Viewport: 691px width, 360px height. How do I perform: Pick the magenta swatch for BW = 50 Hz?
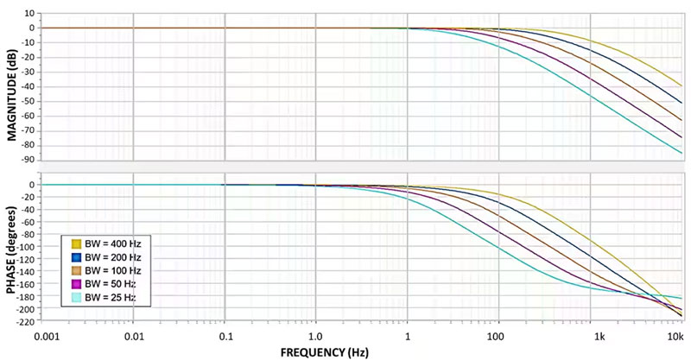[x=77, y=284]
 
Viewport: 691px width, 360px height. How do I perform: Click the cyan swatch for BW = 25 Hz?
[x=77, y=298]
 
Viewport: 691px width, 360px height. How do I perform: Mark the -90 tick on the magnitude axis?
[x=28, y=160]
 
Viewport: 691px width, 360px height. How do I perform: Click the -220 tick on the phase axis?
[x=25, y=322]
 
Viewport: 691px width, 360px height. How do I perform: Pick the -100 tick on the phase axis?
[x=25, y=247]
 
